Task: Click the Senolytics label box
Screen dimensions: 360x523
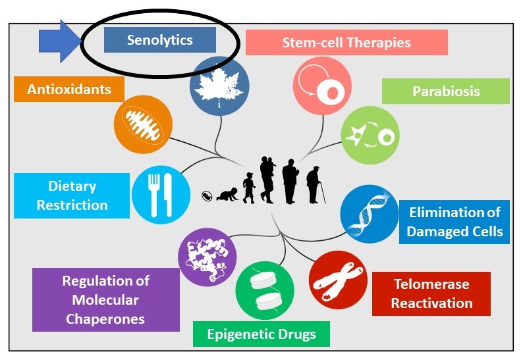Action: (160, 40)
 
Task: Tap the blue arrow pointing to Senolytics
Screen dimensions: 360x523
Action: (60, 41)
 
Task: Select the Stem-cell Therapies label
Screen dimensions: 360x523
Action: (346, 43)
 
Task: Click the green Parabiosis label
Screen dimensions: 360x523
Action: (446, 91)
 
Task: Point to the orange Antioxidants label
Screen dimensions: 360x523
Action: (69, 89)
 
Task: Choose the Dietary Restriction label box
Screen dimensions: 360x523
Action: (72, 195)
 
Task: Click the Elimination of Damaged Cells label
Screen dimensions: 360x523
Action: (454, 222)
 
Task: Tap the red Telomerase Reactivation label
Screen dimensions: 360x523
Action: (431, 294)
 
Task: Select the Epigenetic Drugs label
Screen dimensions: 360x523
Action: (261, 334)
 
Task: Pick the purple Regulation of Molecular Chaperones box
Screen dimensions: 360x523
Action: (105, 299)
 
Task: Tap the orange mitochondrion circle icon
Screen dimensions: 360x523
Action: (143, 124)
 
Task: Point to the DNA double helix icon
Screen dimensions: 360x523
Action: (369, 215)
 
